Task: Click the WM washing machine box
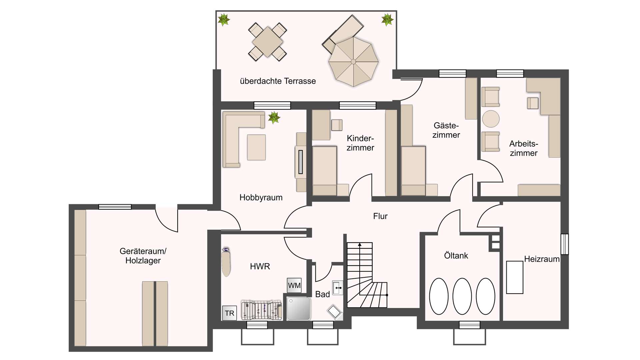pyautogui.click(x=294, y=285)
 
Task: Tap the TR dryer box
pyautogui.click(x=229, y=313)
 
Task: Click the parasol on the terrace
pyautogui.click(x=353, y=62)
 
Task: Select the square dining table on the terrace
pyautogui.click(x=267, y=42)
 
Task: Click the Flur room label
pyautogui.click(x=380, y=216)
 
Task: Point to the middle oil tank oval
pyautogui.click(x=462, y=296)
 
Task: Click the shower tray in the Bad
pyautogui.click(x=299, y=309)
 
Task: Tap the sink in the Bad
pyautogui.click(x=338, y=288)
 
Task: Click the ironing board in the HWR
pyautogui.click(x=226, y=263)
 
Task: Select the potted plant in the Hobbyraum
pyautogui.click(x=274, y=117)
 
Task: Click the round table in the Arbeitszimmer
pyautogui.click(x=491, y=119)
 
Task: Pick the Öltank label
pyautogui.click(x=456, y=256)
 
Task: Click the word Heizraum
pyautogui.click(x=542, y=259)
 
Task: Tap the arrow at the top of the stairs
pyautogui.click(x=360, y=245)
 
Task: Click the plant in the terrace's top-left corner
pyautogui.click(x=224, y=20)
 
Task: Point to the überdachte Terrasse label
pyautogui.click(x=278, y=81)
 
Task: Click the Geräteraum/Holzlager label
pyautogui.click(x=143, y=256)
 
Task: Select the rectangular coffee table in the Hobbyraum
pyautogui.click(x=256, y=147)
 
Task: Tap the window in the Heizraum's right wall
pyautogui.click(x=564, y=244)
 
